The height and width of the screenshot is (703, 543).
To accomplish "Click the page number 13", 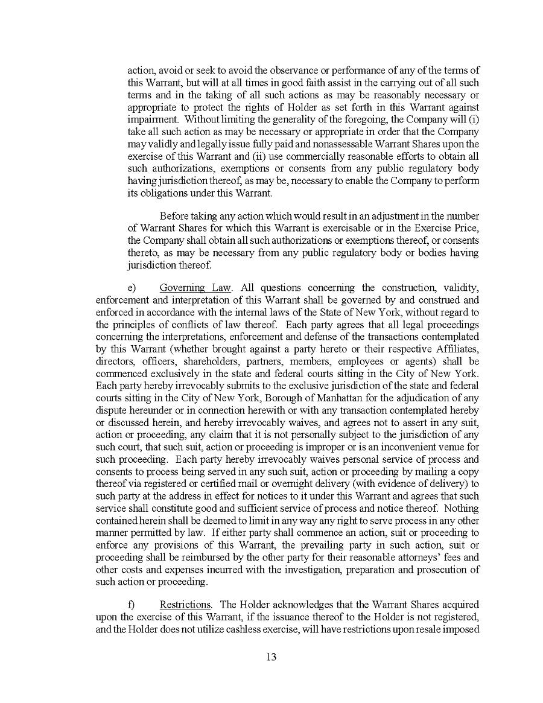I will pyautogui.click(x=271, y=657).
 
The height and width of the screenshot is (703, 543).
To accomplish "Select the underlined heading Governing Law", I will pyautogui.click(x=195, y=288).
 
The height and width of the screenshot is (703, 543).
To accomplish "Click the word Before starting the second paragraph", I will pyautogui.click(x=174, y=216).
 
